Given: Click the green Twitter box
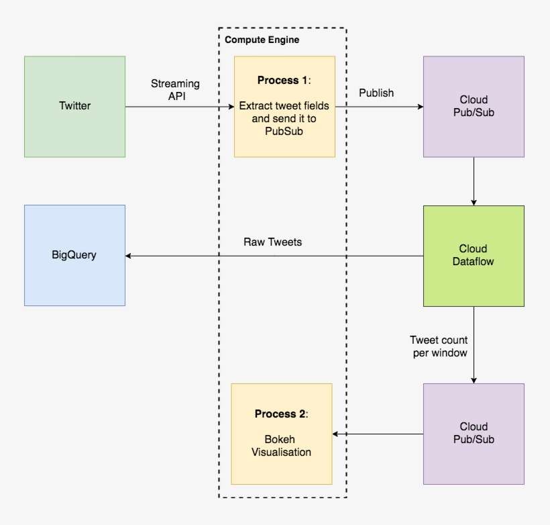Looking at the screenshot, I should point(74,107).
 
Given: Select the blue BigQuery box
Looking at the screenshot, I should point(74,255).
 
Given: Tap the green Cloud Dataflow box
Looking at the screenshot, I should point(474,256).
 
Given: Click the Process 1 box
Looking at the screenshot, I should point(284,107).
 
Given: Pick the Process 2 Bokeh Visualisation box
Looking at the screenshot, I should point(282,434).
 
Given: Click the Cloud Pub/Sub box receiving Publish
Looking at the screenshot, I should point(474,107).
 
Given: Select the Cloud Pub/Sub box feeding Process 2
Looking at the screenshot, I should point(474,434).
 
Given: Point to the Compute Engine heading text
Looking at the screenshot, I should point(262,40).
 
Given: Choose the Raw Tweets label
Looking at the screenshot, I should point(272,242).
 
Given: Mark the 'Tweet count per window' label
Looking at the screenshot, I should point(439,346).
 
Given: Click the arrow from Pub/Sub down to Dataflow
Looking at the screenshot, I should point(474,181).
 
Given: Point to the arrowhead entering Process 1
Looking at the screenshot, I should point(229,107).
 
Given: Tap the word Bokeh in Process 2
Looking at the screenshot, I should point(281,440).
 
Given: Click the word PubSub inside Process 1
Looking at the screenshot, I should point(284,131).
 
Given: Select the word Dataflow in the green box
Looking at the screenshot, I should point(474,262).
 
